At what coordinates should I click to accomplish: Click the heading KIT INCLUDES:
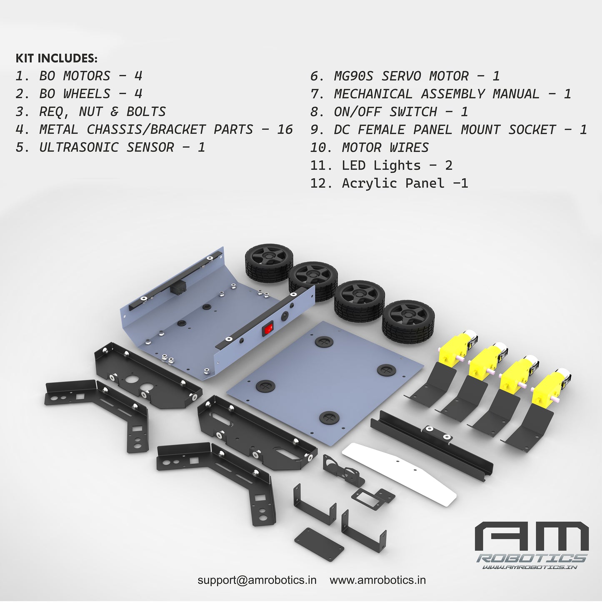[x=56, y=58]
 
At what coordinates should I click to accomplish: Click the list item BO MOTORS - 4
[x=79, y=76]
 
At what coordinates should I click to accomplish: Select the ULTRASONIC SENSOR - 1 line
[x=110, y=147]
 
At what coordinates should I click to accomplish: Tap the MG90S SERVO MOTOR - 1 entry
[x=405, y=76]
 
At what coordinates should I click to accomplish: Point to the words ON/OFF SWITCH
[x=385, y=112]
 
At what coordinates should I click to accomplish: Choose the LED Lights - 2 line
[x=381, y=166]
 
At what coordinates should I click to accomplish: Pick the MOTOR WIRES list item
[x=369, y=148]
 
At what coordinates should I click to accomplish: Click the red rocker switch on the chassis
[x=267, y=330]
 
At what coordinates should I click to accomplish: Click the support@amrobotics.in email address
[x=257, y=580]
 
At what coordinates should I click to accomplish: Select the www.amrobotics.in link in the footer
[x=377, y=580]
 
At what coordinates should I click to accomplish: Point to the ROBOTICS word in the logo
[x=532, y=558]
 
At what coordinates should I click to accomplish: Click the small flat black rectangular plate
[x=319, y=541]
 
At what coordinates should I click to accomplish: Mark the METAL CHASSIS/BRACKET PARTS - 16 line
[x=154, y=129]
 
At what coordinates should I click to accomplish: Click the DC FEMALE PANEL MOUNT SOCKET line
[x=448, y=130]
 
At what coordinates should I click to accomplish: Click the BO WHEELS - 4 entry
[x=79, y=94]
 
